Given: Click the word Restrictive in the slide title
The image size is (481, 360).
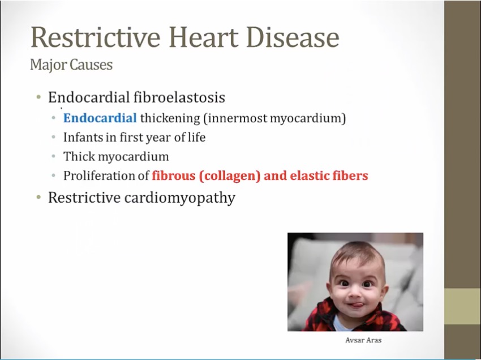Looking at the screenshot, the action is [96, 37].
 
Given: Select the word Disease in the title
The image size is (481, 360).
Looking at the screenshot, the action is [293, 37].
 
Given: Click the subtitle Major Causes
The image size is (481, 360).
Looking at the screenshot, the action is [71, 65].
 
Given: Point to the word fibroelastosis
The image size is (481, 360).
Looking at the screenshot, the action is [179, 97].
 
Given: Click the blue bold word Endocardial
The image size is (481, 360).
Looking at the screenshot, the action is [100, 118].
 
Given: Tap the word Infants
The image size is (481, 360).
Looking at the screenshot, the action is [83, 137].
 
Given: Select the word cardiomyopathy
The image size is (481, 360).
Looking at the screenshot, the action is [180, 198].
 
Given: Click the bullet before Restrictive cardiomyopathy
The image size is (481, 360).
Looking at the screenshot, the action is [38, 197].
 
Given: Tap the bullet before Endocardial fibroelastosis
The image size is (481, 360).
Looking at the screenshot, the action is [38, 97].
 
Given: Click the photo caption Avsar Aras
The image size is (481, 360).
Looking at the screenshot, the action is [363, 340].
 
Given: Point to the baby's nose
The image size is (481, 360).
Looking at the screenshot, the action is [355, 293].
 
